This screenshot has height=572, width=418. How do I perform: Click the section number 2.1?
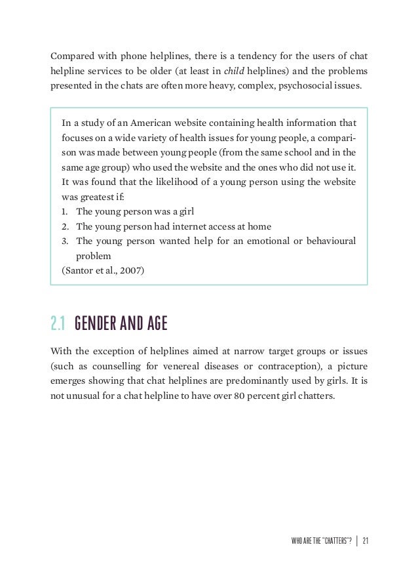click(x=58, y=324)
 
